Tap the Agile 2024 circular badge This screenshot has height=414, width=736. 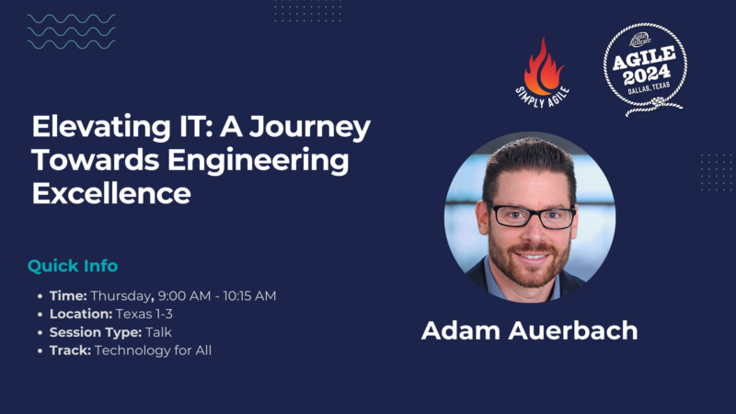click(x=645, y=67)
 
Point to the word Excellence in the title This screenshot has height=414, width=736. click(x=111, y=194)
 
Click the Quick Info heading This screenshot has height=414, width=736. click(x=73, y=266)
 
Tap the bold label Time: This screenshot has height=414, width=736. click(x=69, y=295)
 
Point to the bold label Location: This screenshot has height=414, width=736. click(x=80, y=314)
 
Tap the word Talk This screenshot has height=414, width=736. click(x=157, y=332)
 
